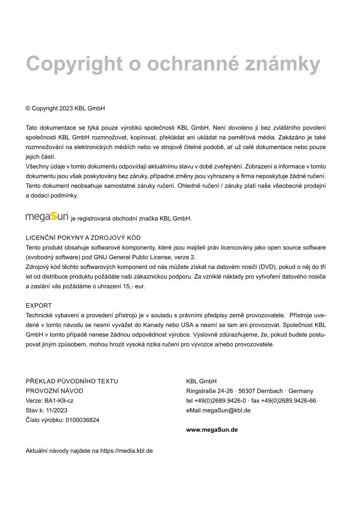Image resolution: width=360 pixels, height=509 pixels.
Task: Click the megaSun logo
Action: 47,217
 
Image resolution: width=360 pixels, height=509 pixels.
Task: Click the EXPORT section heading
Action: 39,305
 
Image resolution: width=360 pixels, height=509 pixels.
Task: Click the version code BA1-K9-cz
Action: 60,401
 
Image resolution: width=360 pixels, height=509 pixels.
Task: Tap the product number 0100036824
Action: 82,420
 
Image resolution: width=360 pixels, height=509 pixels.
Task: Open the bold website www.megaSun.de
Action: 212,429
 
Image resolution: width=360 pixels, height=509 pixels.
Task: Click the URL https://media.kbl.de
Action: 126,451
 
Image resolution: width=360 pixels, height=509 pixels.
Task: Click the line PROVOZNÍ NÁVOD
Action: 55,391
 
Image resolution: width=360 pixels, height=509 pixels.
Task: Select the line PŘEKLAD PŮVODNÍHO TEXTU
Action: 72,381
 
